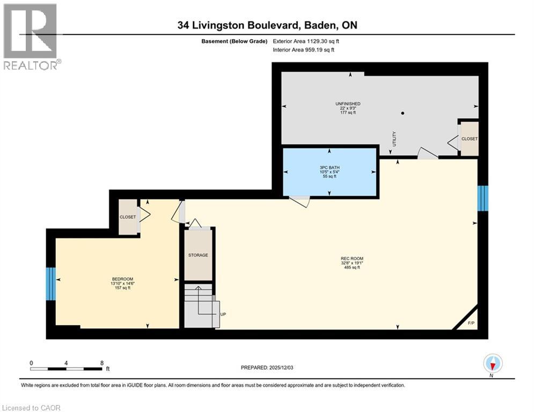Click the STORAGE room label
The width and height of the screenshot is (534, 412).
pos(198,255)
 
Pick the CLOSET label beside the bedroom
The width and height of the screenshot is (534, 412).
pos(128,217)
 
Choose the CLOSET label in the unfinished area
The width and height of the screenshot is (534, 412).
pos(470,139)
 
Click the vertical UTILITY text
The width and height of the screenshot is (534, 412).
pos(394,141)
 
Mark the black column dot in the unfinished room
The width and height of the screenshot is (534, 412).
pos(402,113)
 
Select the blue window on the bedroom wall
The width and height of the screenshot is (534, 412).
pos(50,283)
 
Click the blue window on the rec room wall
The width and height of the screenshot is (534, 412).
pos(483,198)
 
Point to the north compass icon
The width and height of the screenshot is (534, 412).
pos(492,364)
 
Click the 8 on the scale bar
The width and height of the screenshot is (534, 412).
pos(101,363)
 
